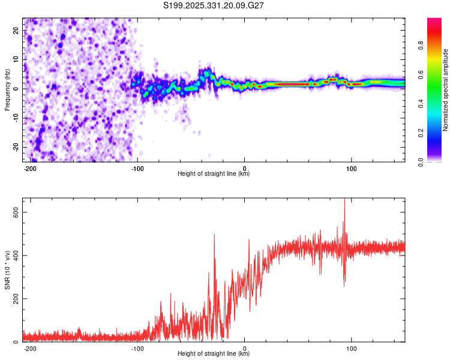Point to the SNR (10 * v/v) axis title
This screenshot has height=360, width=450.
7,269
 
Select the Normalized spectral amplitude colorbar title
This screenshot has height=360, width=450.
445,90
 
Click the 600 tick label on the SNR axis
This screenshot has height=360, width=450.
16,212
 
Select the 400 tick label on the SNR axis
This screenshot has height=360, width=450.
16,256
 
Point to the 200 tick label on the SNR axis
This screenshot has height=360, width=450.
16,299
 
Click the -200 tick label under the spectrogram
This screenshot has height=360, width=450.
29,167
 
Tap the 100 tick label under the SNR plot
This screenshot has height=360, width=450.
352,347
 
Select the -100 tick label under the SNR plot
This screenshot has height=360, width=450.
137,347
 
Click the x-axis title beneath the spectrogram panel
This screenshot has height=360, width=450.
214,174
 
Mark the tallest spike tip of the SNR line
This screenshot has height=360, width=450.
344,199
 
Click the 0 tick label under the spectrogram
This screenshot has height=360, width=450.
244,167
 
